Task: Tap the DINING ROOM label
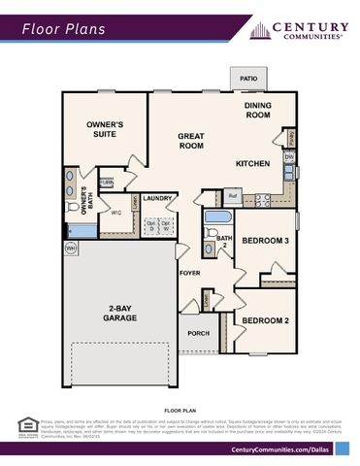click(x=257, y=110)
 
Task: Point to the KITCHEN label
click(x=252, y=164)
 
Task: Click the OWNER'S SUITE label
click(x=104, y=129)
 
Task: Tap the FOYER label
click(x=190, y=273)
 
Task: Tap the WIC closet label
click(x=115, y=212)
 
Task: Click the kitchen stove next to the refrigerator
click(x=261, y=200)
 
